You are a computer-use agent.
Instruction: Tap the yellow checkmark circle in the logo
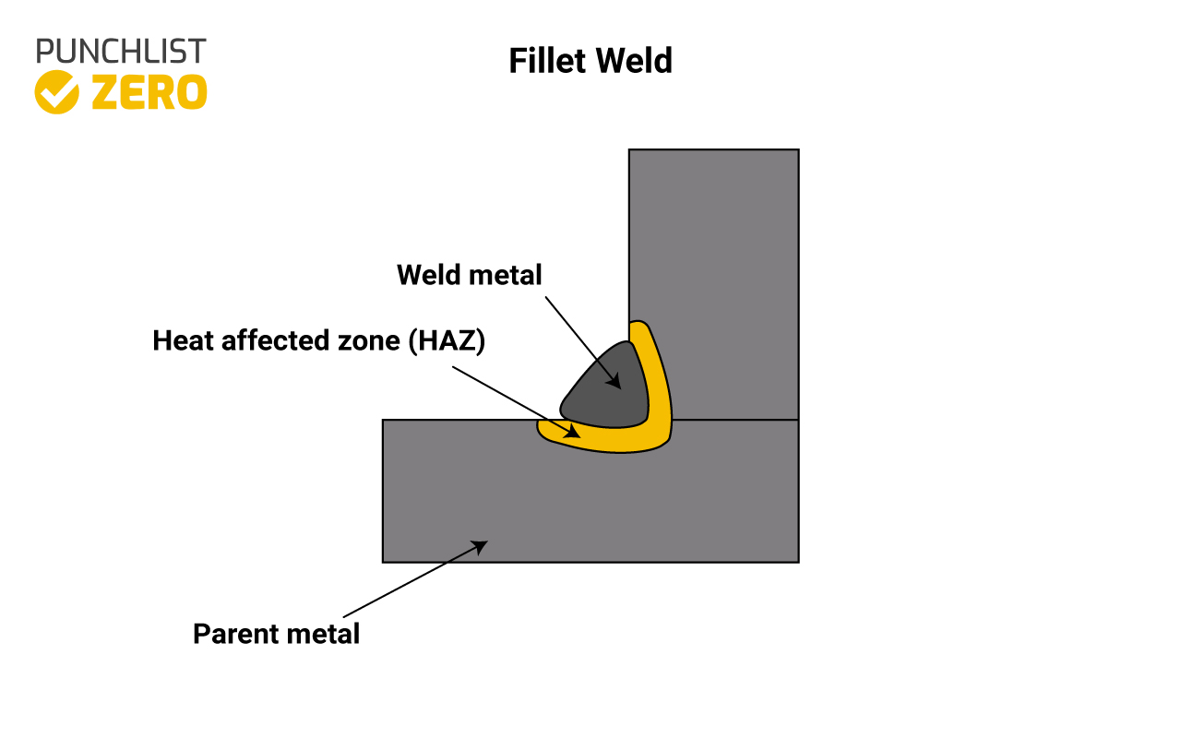56,91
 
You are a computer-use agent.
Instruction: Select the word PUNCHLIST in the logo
121,51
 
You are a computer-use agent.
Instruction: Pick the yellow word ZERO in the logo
149,92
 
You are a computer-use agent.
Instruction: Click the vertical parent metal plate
713,277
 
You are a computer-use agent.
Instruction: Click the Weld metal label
469,274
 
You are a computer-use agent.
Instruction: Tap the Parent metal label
276,634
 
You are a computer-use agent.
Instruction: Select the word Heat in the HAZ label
181,340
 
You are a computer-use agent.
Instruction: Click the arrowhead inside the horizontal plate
480,545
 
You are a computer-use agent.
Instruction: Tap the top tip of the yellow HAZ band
639,325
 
